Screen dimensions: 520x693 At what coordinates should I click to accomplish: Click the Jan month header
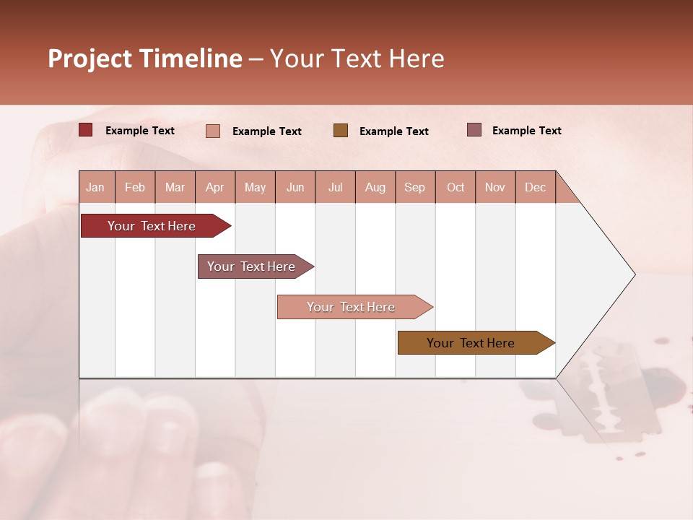point(95,187)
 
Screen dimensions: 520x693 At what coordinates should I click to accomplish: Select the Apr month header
point(214,187)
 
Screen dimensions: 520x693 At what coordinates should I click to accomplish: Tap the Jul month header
point(335,187)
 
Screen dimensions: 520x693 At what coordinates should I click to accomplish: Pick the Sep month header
point(414,187)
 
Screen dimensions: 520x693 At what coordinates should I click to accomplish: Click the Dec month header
point(535,187)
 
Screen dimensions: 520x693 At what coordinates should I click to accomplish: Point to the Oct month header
point(456,187)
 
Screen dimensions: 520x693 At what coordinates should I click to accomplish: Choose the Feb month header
point(135,187)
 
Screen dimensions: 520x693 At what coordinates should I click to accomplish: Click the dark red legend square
point(86,130)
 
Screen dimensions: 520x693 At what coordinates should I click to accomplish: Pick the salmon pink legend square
point(213,131)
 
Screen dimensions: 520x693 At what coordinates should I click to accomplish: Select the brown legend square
point(341,130)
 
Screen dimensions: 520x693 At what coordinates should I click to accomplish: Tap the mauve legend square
point(474,130)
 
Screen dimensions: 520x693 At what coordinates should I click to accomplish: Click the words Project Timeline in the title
point(144,58)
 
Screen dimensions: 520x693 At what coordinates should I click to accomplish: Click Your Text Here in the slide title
point(357,58)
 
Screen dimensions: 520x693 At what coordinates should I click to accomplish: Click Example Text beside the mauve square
point(526,131)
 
